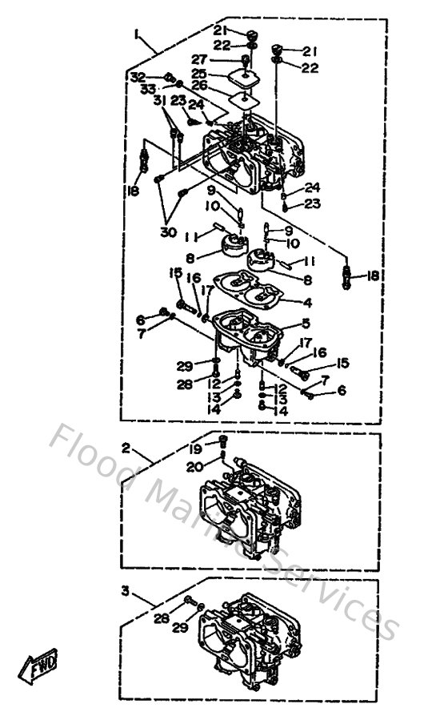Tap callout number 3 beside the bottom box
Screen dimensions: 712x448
(125, 590)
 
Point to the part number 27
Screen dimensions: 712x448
(198, 59)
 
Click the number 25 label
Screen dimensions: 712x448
(198, 72)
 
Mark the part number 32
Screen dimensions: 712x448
(138, 77)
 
